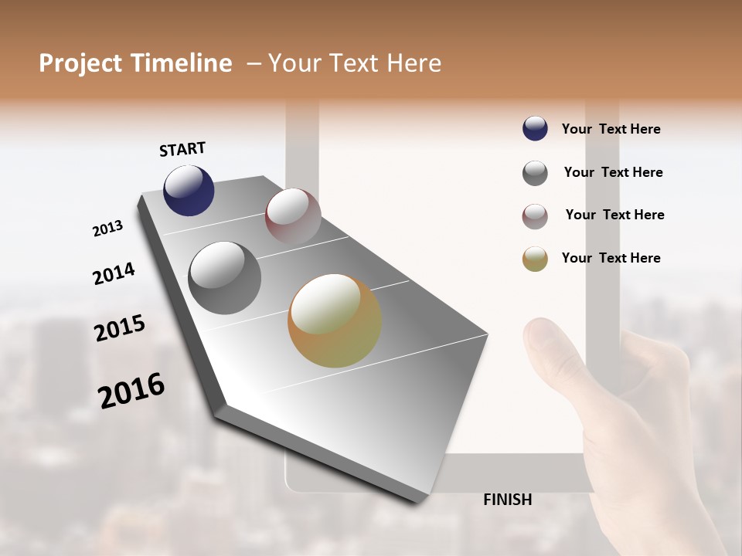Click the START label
tap(182, 149)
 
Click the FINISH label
tap(507, 500)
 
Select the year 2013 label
tap(107, 229)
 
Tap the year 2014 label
tap(114, 273)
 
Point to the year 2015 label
tap(120, 328)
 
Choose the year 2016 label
tap(131, 391)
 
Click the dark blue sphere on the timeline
tap(189, 191)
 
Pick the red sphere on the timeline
tap(293, 216)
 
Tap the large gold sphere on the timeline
tap(335, 320)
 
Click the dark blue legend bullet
tap(535, 129)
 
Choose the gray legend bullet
tap(535, 173)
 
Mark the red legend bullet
tap(535, 216)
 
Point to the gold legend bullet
tap(535, 259)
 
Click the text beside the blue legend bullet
tap(611, 129)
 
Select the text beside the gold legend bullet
tap(611, 258)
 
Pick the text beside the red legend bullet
tap(614, 215)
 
